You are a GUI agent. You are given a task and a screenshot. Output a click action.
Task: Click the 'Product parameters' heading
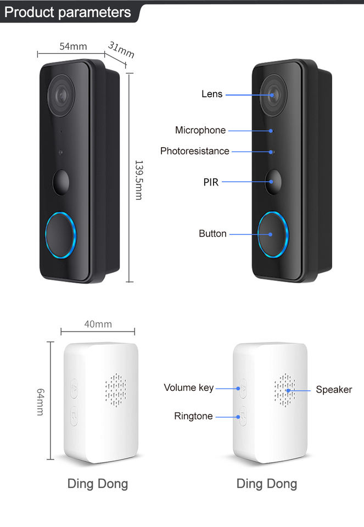click(68, 13)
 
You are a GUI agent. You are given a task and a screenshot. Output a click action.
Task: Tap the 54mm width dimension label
click(74, 47)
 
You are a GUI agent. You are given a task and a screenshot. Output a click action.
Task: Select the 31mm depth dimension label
click(121, 50)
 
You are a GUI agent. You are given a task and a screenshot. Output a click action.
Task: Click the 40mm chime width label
click(98, 324)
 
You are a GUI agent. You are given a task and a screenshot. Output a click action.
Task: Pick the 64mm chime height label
click(40, 401)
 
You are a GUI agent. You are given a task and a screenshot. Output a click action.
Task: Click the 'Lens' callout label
click(212, 94)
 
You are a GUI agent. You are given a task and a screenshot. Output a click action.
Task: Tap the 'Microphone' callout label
click(200, 130)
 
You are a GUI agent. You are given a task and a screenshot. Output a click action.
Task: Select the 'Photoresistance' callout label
click(195, 151)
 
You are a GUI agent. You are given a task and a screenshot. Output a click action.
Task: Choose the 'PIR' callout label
click(211, 182)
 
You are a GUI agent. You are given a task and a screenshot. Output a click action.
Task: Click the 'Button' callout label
click(212, 234)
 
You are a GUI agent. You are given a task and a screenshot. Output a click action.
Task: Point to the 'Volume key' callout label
click(189, 388)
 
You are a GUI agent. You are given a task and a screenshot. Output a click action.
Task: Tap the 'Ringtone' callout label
click(193, 416)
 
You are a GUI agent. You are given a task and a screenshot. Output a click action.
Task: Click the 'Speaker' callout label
click(334, 390)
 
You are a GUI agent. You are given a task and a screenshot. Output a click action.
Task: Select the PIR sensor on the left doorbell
click(61, 182)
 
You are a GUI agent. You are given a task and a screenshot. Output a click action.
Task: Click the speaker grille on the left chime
click(116, 390)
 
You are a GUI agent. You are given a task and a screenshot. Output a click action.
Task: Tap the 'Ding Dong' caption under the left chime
click(98, 484)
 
